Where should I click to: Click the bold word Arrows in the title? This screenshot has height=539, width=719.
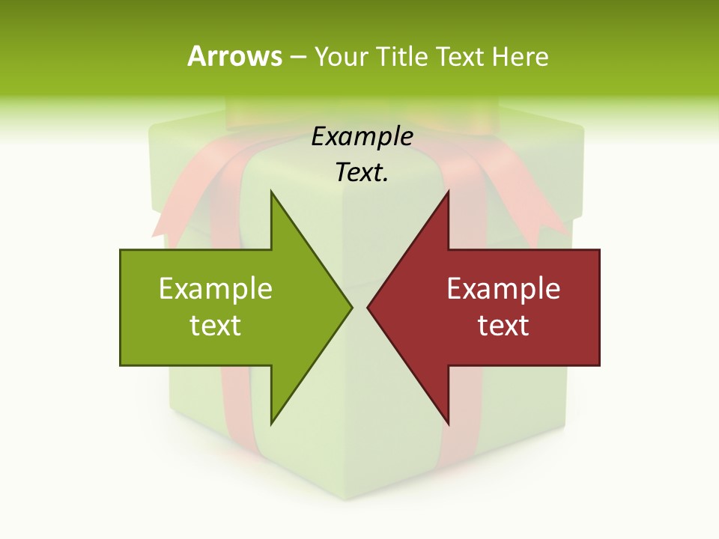234,56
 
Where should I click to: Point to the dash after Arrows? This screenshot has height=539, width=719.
297,57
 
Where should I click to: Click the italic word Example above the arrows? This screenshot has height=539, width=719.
362,137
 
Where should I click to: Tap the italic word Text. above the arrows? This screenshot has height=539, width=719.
362,173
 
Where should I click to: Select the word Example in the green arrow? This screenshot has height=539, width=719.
216,289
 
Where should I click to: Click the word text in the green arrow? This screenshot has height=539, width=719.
216,325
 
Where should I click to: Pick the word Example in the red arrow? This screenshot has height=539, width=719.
503,289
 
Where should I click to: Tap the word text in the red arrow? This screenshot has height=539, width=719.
503,325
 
